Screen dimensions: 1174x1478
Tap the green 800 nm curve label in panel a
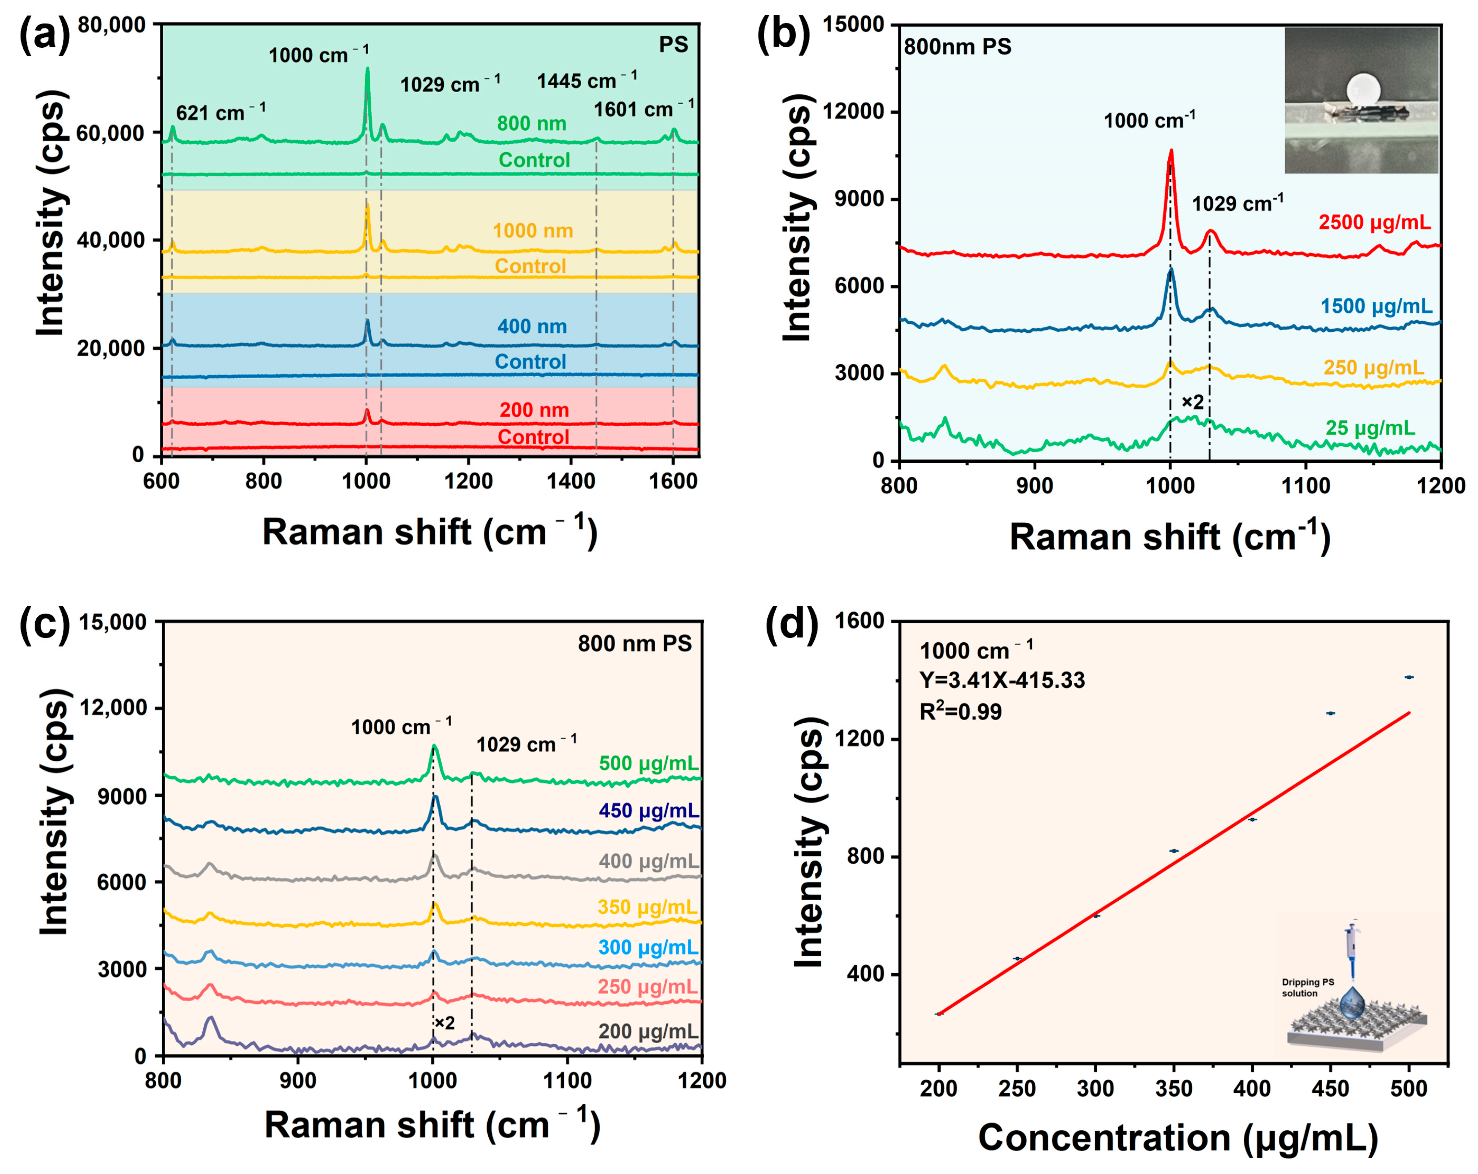click(x=531, y=123)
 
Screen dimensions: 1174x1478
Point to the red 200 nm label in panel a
click(x=534, y=410)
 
